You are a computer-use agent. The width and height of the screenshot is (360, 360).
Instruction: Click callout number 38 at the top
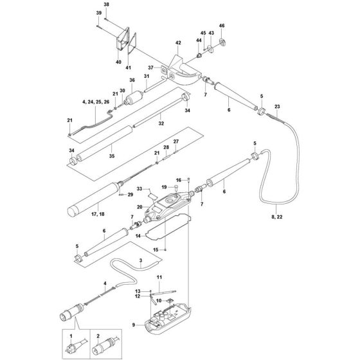point(107,5)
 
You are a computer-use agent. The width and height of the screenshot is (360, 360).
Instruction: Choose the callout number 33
point(139,189)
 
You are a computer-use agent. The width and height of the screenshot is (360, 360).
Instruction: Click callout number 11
point(158,277)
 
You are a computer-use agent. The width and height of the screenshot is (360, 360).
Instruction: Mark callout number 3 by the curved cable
point(141,260)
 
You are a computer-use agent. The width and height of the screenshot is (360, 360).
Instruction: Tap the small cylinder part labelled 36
point(136,98)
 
